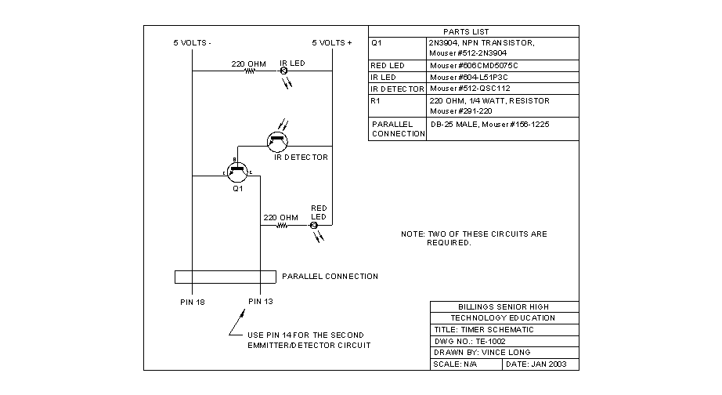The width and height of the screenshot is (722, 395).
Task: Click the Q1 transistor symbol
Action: pos(236,170)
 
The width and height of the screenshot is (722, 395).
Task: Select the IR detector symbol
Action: pos(277,141)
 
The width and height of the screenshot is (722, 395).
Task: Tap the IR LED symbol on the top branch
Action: pos(284,71)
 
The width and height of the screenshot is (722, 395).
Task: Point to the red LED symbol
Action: pos(314,226)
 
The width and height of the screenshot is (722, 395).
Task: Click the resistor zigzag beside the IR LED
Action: pos(250,71)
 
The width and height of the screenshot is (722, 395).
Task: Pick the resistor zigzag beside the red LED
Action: pos(281,226)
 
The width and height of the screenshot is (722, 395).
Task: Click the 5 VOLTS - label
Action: pos(192,42)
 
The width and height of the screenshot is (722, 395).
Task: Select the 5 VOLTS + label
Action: pos(332,42)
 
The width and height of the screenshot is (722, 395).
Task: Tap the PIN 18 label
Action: pos(191,301)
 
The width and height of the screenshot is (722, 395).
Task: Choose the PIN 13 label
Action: pos(261,301)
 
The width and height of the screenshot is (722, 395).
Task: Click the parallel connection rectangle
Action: pos(225,277)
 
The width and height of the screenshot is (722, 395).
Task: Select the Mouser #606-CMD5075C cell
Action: pos(475,66)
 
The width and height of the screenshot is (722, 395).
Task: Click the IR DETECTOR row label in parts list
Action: pos(397,89)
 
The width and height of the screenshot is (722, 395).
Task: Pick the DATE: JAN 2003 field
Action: pos(541,364)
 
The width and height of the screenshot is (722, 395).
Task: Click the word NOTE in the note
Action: pos(412,234)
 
